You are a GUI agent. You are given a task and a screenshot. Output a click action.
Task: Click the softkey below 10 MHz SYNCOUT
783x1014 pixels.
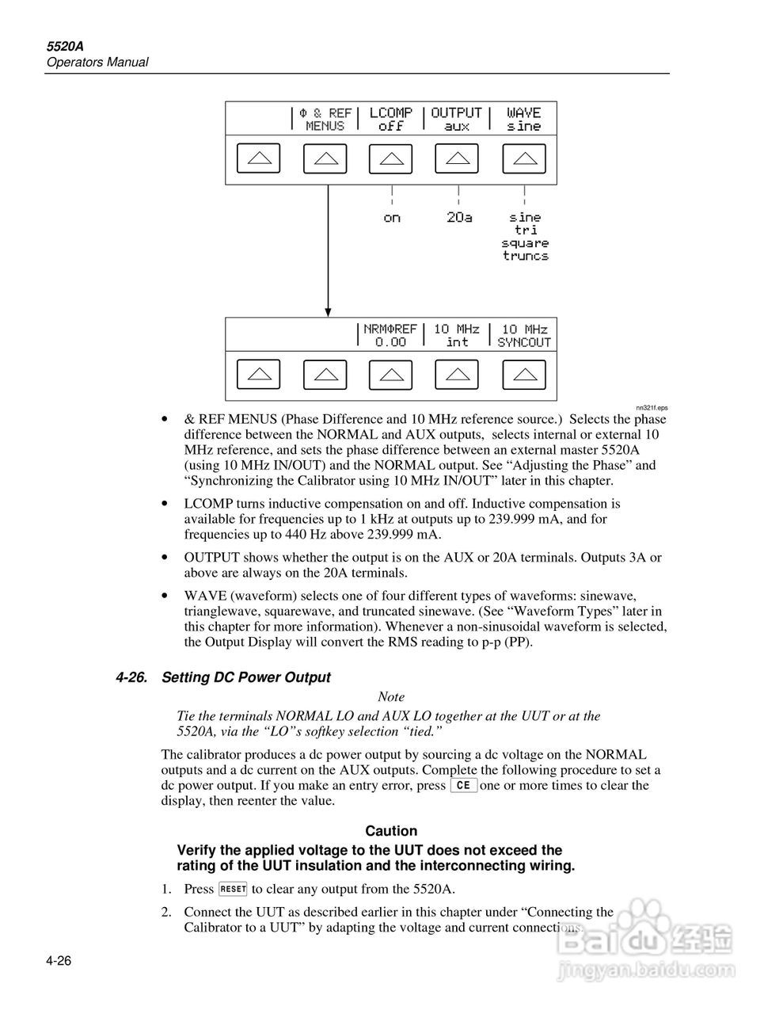(524, 375)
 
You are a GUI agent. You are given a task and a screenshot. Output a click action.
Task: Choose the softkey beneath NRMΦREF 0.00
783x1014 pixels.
(391, 375)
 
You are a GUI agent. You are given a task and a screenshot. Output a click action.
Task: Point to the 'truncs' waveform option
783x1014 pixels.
(525, 256)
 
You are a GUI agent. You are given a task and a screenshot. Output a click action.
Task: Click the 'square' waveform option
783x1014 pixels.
(525, 243)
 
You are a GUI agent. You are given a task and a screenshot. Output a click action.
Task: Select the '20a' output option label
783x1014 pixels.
(459, 217)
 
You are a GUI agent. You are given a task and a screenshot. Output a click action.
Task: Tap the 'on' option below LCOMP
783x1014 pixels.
(392, 218)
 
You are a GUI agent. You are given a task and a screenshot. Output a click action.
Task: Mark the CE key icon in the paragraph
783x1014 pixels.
(463, 786)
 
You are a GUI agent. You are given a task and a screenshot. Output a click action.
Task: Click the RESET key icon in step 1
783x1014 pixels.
(234, 889)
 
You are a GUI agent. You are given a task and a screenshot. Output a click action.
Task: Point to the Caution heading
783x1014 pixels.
(391, 831)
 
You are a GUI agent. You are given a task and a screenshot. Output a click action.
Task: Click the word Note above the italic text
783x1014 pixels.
(391, 697)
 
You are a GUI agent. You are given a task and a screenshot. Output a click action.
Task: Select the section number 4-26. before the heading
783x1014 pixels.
(131, 677)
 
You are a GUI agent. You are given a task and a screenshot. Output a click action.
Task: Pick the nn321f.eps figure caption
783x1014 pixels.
(652, 408)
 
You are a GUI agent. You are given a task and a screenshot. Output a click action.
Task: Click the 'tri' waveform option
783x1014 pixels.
(526, 230)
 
